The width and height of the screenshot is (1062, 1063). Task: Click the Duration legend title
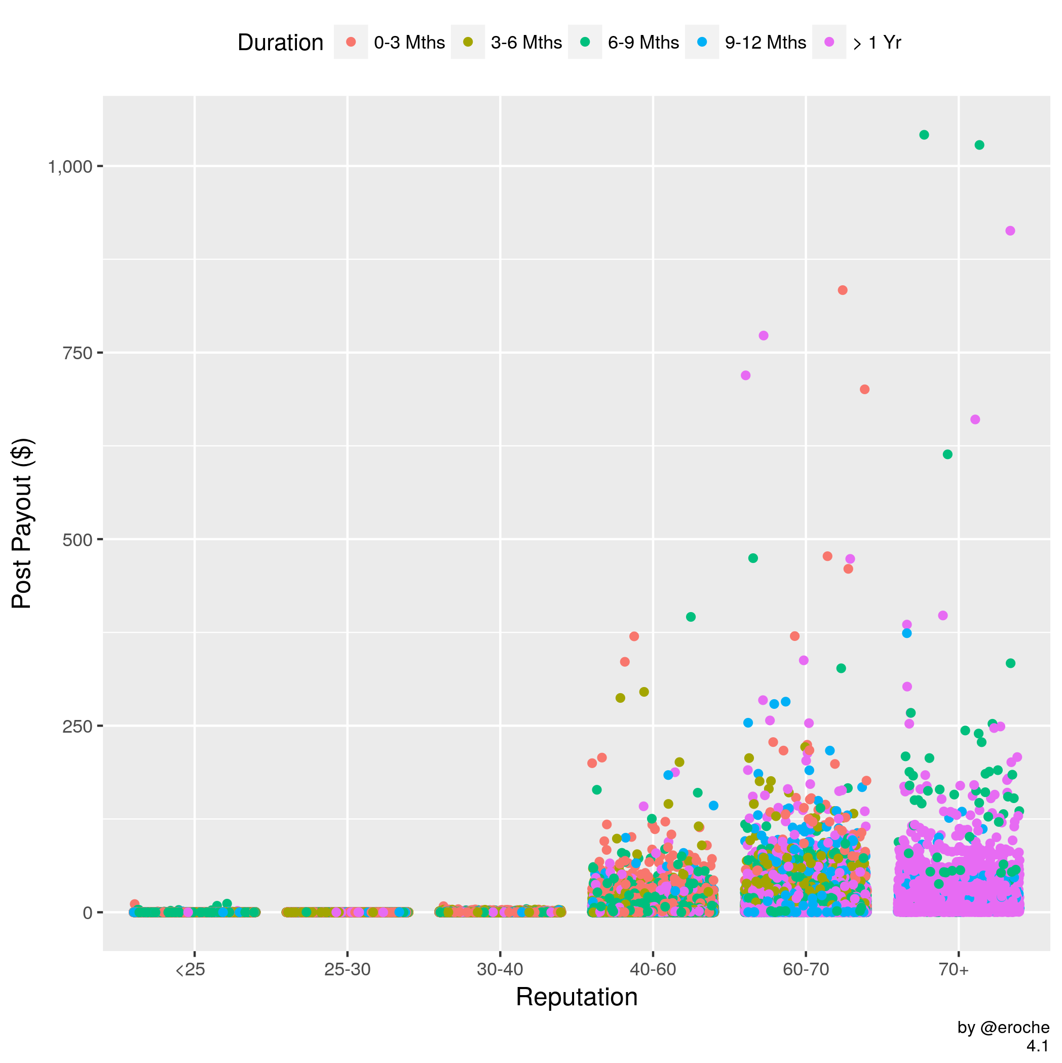280,43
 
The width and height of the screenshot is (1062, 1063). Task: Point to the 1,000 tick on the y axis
70,166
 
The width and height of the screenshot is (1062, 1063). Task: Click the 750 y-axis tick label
78,353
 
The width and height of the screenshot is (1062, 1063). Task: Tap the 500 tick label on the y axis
78,539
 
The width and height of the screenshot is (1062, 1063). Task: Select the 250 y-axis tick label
78,726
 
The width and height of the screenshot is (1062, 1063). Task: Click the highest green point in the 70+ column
924,135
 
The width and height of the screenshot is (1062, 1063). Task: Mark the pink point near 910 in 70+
1010,231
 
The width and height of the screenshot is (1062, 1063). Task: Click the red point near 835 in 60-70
842,290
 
